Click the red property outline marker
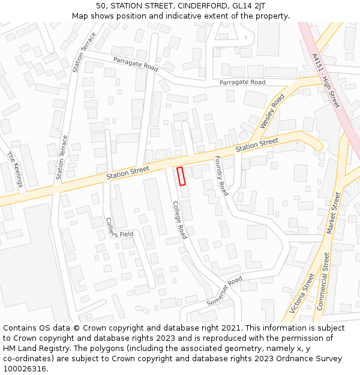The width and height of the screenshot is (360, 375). click(x=181, y=176)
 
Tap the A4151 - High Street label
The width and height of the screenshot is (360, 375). click(x=326, y=80)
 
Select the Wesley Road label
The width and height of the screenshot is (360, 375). click(x=272, y=111)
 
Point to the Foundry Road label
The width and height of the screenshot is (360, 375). click(x=221, y=176)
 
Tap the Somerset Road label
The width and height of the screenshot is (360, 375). click(x=224, y=291)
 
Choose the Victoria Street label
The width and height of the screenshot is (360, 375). click(x=301, y=293)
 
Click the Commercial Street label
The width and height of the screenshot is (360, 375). click(x=323, y=281)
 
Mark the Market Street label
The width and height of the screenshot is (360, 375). click(x=333, y=213)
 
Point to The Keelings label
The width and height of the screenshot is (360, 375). click(x=14, y=169)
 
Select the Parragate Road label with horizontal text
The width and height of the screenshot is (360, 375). click(x=242, y=82)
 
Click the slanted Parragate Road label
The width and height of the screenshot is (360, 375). click(x=136, y=64)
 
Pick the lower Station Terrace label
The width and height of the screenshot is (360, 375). click(x=62, y=157)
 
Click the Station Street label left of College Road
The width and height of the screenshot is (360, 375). click(x=127, y=173)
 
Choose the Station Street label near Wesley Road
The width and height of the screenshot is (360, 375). click(x=257, y=145)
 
